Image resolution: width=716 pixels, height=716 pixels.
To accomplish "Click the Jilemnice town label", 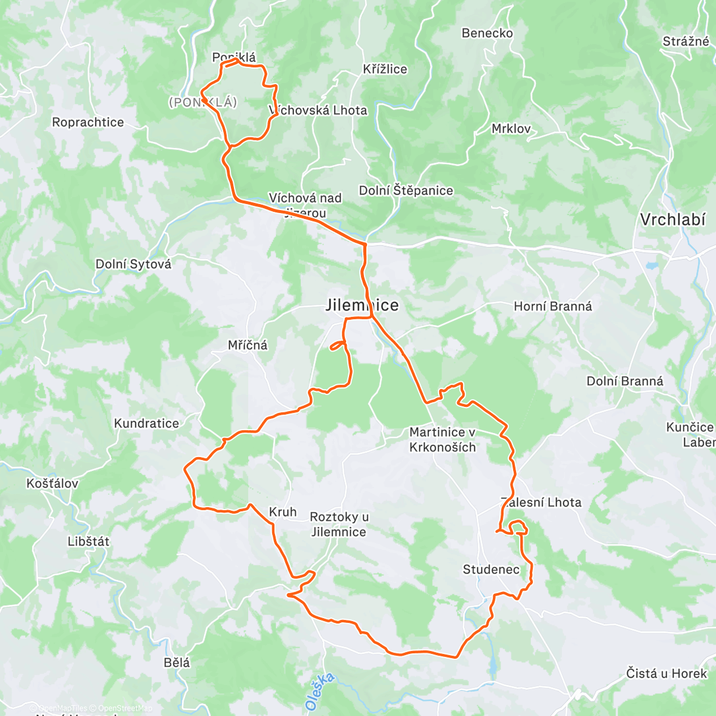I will pyautogui.click(x=362, y=305).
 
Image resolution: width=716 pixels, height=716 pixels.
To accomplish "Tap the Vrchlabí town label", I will pyautogui.click(x=672, y=220).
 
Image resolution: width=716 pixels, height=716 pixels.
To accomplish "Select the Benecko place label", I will pyautogui.click(x=487, y=33).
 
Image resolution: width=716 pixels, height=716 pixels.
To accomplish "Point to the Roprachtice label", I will pyautogui.click(x=88, y=122).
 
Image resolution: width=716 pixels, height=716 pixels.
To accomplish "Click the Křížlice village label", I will pyautogui.click(x=385, y=69).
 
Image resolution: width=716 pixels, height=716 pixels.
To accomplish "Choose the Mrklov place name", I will pyautogui.click(x=511, y=129).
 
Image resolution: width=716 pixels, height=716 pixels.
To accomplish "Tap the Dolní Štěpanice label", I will pyautogui.click(x=406, y=191).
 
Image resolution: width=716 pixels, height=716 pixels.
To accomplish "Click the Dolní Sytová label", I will pyautogui.click(x=133, y=264).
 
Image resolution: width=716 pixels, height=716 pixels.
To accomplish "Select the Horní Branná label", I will pyautogui.click(x=553, y=307).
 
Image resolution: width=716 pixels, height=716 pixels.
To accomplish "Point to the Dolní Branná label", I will pyautogui.click(x=624, y=381).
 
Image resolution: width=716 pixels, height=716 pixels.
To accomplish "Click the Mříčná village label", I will pyautogui.click(x=248, y=345).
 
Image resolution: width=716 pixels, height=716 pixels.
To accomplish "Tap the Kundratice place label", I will pyautogui.click(x=146, y=424).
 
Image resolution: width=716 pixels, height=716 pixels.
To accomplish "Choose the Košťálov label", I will pyautogui.click(x=52, y=483).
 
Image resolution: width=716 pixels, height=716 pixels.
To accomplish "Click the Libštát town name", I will pyautogui.click(x=88, y=542).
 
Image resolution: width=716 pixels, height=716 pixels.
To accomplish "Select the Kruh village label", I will pyautogui.click(x=282, y=512).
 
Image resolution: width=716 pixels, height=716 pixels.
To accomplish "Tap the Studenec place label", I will pyautogui.click(x=490, y=570).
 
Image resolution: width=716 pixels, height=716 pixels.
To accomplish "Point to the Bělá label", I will pyautogui.click(x=177, y=662).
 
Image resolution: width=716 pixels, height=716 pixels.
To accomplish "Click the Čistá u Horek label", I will pyautogui.click(x=666, y=674).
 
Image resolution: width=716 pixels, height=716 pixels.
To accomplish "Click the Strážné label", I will pyautogui.click(x=686, y=42).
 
